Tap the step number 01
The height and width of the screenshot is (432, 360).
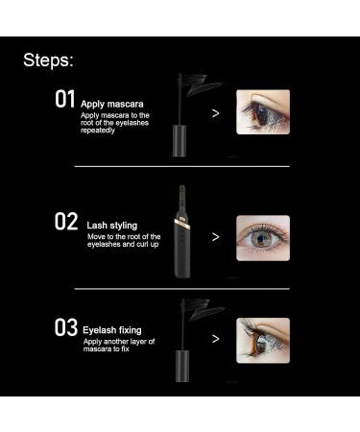(x=64, y=100)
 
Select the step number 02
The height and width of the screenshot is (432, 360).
(x=65, y=221)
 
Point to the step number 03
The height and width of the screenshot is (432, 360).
(x=65, y=328)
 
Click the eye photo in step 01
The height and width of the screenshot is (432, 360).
(x=262, y=111)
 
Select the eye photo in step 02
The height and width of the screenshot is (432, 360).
(x=262, y=236)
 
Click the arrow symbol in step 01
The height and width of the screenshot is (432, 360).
(x=215, y=112)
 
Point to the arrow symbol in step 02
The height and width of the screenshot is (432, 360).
(x=215, y=236)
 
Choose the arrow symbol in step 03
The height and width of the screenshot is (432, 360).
(x=215, y=339)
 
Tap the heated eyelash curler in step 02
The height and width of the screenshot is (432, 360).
(x=181, y=240)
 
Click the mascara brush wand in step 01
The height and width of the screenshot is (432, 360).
(x=197, y=86)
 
